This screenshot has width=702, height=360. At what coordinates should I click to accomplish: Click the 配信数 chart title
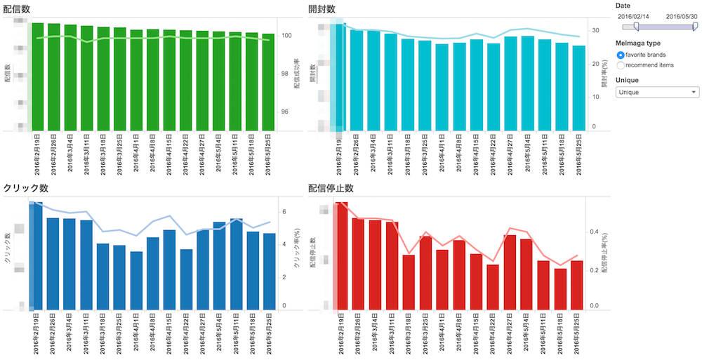point(20,8)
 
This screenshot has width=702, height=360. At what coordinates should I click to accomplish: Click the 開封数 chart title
point(322,8)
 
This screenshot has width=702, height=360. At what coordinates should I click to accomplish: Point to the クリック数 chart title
point(25,188)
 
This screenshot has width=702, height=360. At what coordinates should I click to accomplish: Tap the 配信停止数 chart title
point(330,188)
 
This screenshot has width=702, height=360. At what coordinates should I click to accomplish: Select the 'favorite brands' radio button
point(621,55)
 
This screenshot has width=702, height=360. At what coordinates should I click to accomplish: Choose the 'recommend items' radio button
point(621,65)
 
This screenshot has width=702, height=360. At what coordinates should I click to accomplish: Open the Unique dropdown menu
point(657,92)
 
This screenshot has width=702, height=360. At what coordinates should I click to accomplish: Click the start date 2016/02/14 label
point(634,16)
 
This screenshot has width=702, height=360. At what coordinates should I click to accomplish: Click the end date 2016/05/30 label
point(682,16)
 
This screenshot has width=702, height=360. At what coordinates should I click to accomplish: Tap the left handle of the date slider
point(636,27)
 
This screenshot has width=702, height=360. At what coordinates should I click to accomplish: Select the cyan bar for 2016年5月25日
point(578,88)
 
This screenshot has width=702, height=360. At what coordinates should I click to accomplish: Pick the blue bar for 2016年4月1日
point(136,281)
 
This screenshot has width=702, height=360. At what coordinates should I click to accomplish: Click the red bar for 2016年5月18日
point(560,288)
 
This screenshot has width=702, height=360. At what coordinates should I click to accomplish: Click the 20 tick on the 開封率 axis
point(595,64)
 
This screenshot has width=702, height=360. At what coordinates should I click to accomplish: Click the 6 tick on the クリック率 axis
point(303,211)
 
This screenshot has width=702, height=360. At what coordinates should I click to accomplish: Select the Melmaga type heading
point(637,44)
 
